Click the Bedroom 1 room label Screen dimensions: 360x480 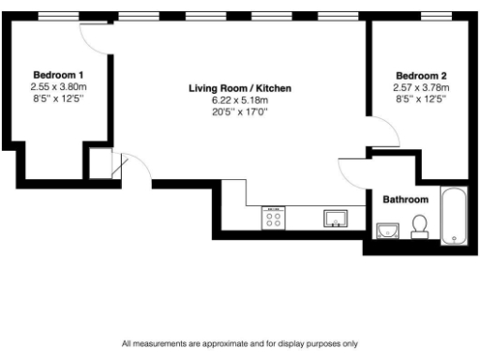tap(58, 75)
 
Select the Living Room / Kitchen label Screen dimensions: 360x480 tap(240, 88)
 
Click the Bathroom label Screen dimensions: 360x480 tap(406, 200)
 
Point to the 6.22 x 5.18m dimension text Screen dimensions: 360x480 tap(240, 100)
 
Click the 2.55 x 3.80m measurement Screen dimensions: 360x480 tap(58, 86)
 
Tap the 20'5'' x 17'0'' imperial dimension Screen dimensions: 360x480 tap(240, 112)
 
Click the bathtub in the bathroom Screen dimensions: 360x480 tap(454, 217)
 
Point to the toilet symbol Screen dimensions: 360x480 tap(420, 226)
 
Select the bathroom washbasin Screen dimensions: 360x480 tap(387, 229)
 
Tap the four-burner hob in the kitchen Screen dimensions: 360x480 tap(275, 219)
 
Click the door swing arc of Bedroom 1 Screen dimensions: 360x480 tap(95, 35)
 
